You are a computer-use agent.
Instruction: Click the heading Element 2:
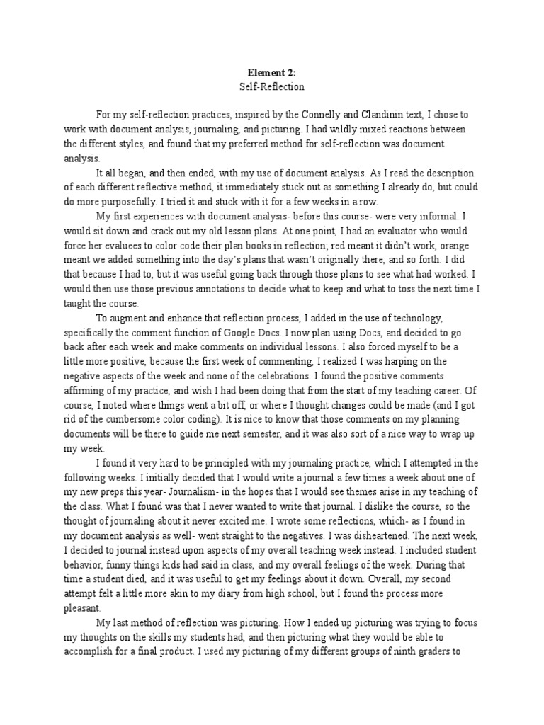(x=271, y=72)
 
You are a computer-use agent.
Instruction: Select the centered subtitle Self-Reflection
(x=271, y=86)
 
